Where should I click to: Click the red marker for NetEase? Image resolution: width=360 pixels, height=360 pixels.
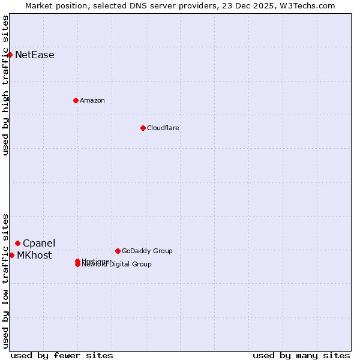(x=10, y=55)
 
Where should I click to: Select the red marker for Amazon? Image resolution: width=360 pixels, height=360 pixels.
(x=76, y=100)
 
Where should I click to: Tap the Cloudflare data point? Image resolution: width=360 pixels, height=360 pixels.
(x=143, y=128)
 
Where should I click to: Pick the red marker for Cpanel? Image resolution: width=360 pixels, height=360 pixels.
(x=18, y=243)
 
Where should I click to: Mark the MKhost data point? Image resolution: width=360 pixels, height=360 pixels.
(x=12, y=255)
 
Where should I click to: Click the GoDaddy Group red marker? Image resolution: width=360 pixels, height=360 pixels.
(x=118, y=251)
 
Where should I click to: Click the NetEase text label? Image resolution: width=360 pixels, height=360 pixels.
(x=35, y=55)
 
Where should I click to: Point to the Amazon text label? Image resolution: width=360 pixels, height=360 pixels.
(x=92, y=100)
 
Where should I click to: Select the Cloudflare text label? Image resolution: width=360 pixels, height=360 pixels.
(x=163, y=128)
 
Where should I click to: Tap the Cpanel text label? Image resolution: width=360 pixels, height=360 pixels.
(x=39, y=243)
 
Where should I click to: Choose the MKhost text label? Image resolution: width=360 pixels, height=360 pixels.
(x=34, y=255)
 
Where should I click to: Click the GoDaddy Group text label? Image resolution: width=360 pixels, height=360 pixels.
(x=147, y=251)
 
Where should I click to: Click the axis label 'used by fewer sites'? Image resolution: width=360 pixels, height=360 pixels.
(x=62, y=355)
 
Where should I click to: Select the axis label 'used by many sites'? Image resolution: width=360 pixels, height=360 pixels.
(x=301, y=355)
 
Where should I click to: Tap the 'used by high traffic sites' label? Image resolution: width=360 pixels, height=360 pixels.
(x=5, y=85)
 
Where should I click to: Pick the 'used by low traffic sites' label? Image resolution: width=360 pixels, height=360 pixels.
(x=5, y=281)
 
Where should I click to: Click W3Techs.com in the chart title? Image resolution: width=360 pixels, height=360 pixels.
(x=305, y=5)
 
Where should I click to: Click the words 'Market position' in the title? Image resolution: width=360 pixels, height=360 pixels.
(x=55, y=5)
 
